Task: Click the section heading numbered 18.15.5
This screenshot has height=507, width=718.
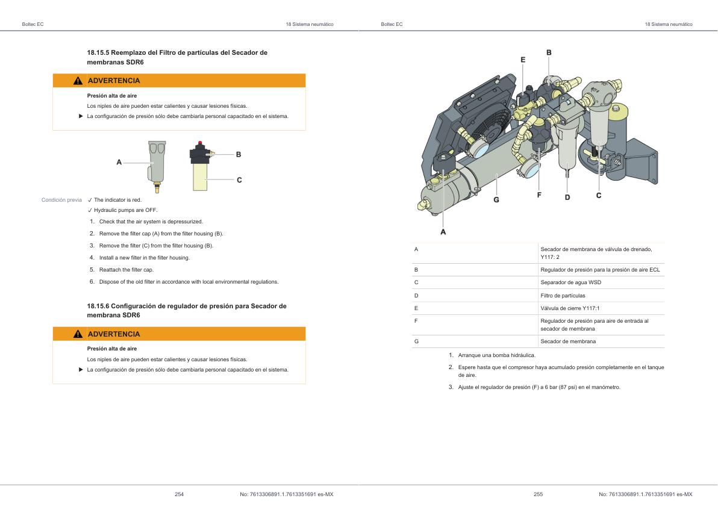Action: pos(177,57)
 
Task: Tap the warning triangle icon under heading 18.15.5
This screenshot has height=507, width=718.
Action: pos(78,81)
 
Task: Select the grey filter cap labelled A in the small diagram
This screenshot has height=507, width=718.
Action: pos(155,163)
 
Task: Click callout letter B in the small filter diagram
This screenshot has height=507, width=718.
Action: pos(239,155)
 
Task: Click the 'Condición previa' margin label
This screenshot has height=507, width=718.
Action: pos(61,200)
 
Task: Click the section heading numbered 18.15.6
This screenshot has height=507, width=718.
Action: pos(187,311)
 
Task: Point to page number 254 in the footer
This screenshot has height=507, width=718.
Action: pos(179,494)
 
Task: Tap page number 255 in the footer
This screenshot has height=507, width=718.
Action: pos(538,494)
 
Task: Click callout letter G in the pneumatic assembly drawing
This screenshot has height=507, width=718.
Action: pos(496,199)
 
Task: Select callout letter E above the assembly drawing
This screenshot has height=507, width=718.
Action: pos(523,60)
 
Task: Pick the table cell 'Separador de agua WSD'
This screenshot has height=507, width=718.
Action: pos(570,282)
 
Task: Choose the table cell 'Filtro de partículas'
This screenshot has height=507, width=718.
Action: pos(563,296)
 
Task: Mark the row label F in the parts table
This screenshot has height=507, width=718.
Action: pos(416,321)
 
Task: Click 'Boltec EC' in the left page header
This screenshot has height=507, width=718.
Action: pos(33,24)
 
